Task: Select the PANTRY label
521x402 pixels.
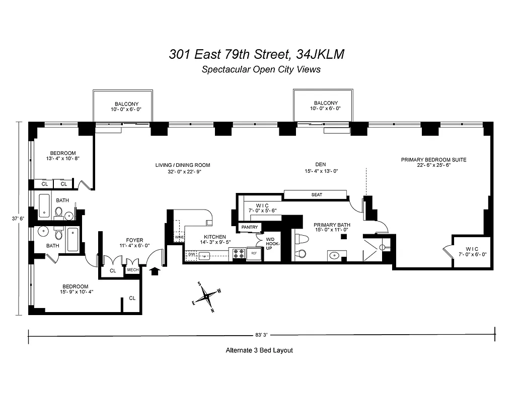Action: (250, 227)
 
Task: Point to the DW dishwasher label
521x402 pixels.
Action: (191, 255)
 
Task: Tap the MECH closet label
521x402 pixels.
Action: (133, 270)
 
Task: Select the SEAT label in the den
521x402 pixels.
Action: (317, 194)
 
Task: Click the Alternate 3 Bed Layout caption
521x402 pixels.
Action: (259, 350)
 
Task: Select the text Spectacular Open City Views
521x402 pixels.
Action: (261, 70)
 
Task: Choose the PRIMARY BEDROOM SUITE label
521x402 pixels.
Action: (433, 160)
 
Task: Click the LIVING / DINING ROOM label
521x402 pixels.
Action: (182, 165)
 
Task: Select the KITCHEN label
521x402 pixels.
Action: (214, 237)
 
